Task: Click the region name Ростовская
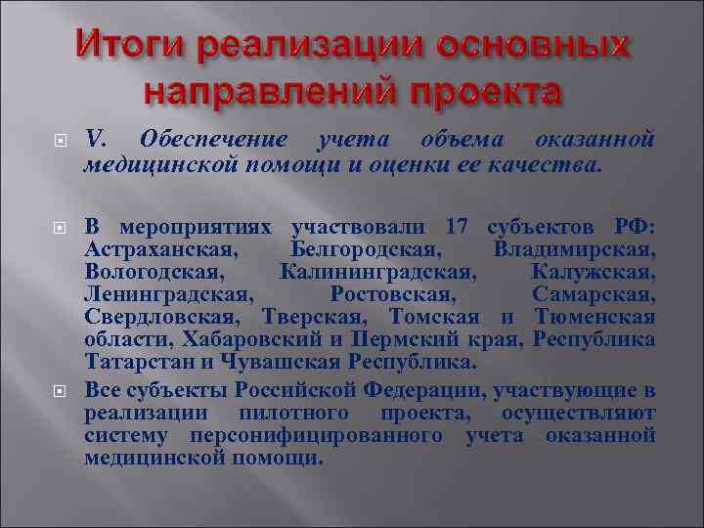tap(393, 293)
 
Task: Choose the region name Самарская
tap(594, 293)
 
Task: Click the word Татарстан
tap(138, 361)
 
